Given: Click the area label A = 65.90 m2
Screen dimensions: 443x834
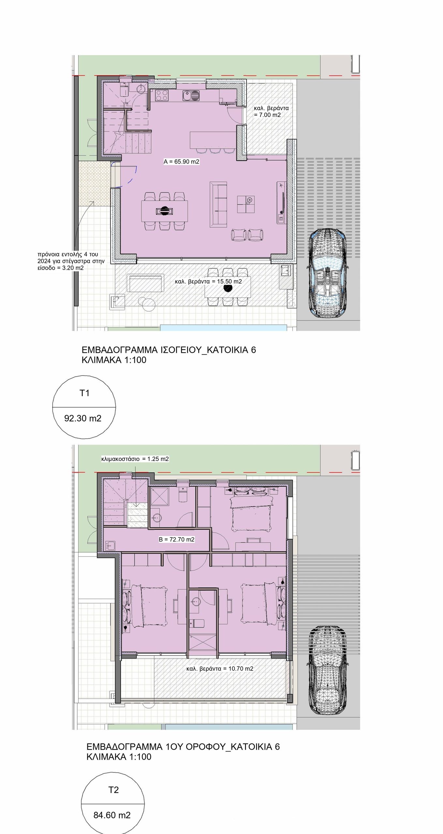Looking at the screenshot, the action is click(182, 162).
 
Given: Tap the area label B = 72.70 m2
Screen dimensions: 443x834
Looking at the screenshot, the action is click(177, 539).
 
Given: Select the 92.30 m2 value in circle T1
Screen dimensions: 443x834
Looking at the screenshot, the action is click(83, 418).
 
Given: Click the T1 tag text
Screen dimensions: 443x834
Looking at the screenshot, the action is click(85, 393).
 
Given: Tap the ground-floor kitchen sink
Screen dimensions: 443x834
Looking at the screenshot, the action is click(191, 96).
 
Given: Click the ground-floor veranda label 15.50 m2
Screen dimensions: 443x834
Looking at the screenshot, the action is click(208, 281).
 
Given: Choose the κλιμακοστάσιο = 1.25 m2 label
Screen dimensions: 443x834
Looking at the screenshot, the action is click(135, 459).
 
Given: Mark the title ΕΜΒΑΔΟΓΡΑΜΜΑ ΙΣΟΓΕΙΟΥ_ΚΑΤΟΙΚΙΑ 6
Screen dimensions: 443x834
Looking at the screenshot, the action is click(169, 350).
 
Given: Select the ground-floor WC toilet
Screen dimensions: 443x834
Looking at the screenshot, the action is click(124, 91).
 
